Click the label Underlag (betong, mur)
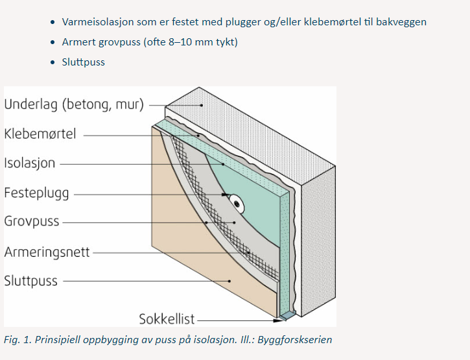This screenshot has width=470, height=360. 73,104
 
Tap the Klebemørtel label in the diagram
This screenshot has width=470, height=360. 40,134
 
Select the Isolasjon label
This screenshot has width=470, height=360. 30,163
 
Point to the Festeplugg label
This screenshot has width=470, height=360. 36,193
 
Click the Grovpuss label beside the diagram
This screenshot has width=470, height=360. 31,221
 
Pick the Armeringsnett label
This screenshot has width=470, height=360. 47,251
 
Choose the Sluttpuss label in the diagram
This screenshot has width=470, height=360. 30,281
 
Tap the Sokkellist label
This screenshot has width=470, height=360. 167,319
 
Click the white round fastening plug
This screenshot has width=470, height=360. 238,204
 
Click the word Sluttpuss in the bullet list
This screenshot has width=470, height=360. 84,62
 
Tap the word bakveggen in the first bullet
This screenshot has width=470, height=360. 401,22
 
